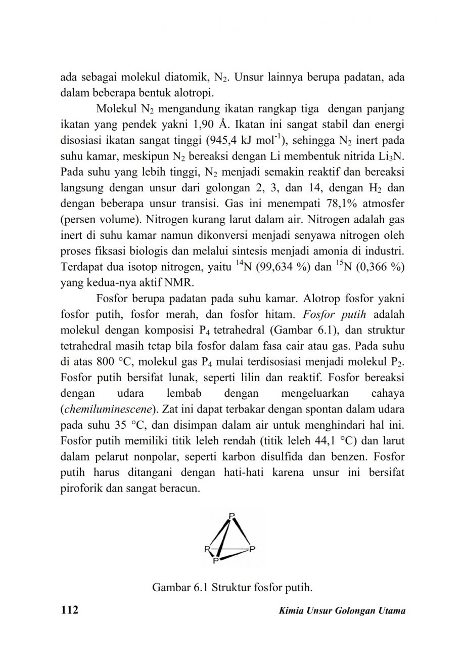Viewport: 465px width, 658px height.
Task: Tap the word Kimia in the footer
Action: [290, 611]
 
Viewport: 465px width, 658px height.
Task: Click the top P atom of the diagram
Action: [232, 516]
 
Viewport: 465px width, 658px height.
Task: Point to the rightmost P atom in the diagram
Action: [253, 549]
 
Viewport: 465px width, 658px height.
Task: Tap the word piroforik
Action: [81, 490]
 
